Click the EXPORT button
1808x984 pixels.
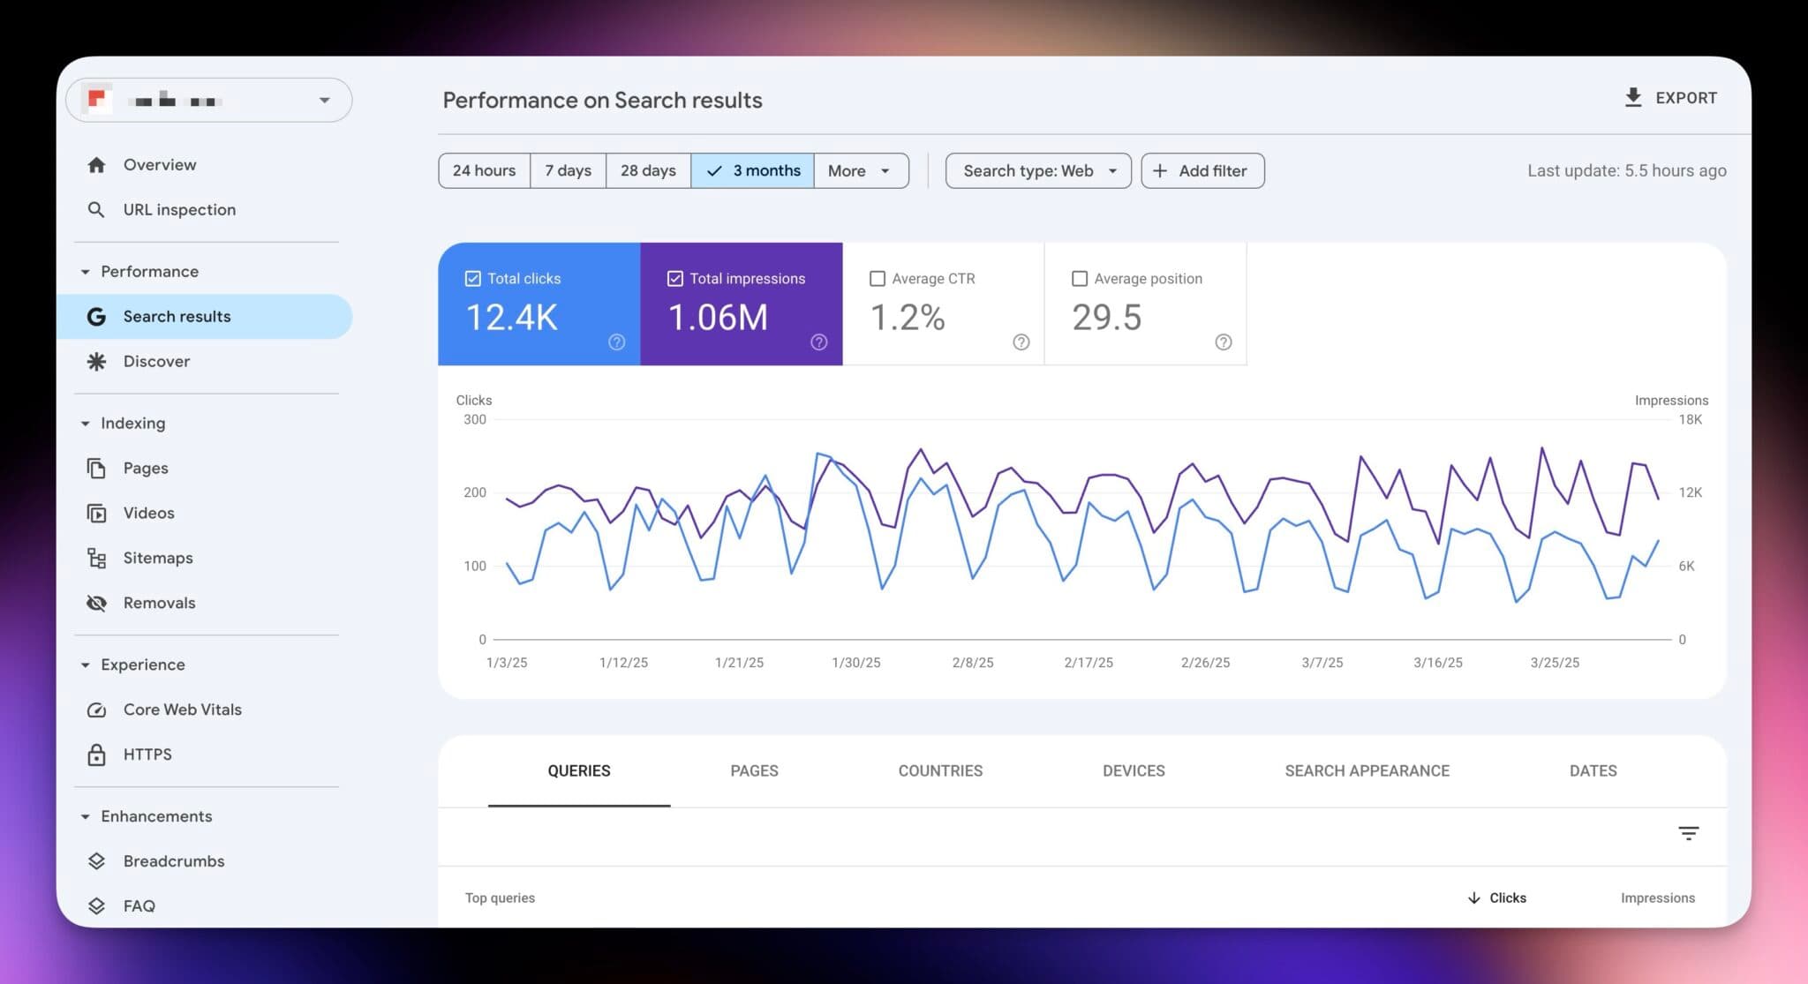pyautogui.click(x=1670, y=98)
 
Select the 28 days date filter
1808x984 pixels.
pyautogui.click(x=648, y=170)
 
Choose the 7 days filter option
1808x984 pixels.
pyautogui.click(x=568, y=170)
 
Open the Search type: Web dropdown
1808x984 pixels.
pyautogui.click(x=1037, y=170)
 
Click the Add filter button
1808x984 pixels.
pyautogui.click(x=1202, y=170)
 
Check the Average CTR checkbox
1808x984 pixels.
pyautogui.click(x=878, y=279)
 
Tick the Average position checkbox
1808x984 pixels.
pyautogui.click(x=1079, y=279)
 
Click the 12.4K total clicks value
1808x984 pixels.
pyautogui.click(x=511, y=318)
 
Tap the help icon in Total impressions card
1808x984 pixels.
pyautogui.click(x=818, y=342)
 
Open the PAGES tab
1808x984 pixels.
pyautogui.click(x=754, y=770)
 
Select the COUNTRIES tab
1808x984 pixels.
pyautogui.click(x=940, y=770)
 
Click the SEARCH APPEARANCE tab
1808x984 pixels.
pyautogui.click(x=1367, y=770)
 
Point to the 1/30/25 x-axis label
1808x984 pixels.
pyautogui.click(x=855, y=662)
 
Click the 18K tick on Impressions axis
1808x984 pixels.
pyautogui.click(x=1689, y=420)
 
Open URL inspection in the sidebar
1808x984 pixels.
pyautogui.click(x=179, y=210)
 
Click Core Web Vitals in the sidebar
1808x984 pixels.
pyautogui.click(x=182, y=710)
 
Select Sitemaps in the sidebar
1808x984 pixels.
pyautogui.click(x=158, y=558)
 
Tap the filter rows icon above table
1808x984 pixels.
pyautogui.click(x=1688, y=833)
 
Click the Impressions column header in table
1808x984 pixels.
pyautogui.click(x=1657, y=898)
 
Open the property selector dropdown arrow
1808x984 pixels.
pyautogui.click(x=324, y=101)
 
